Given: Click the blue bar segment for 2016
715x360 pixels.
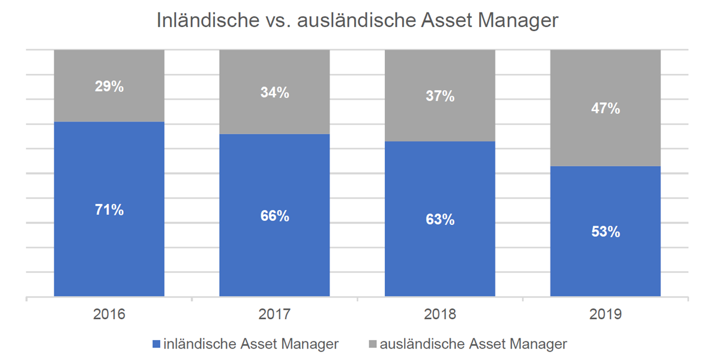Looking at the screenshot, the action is (109, 209).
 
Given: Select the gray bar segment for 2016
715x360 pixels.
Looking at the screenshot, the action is (109, 86).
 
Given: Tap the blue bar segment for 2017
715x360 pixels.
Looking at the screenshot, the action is (274, 215).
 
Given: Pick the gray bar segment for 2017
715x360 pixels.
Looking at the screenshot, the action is (274, 92).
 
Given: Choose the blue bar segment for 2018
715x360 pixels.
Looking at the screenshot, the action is (440, 219).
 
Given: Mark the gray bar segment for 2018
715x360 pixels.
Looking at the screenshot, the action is (440, 95).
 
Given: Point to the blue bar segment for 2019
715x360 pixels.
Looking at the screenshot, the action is (606, 232).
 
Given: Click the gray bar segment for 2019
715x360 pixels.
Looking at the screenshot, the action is (606, 108).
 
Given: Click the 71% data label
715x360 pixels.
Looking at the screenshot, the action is (109, 210).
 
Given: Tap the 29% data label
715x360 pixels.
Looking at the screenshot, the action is (109, 86).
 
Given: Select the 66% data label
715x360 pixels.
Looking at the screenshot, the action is (274, 216).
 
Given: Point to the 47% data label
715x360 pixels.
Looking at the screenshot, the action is (606, 109).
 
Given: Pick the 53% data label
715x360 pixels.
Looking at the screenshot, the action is (606, 232).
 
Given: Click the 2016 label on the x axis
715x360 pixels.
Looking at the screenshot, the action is (109, 314).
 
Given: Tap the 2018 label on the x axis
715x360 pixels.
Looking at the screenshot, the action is (440, 314).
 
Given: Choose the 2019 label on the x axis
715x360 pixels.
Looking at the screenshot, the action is (606, 314).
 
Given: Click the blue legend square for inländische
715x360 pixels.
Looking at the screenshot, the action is (156, 344).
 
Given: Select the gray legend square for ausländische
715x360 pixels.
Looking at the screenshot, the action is (372, 344).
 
